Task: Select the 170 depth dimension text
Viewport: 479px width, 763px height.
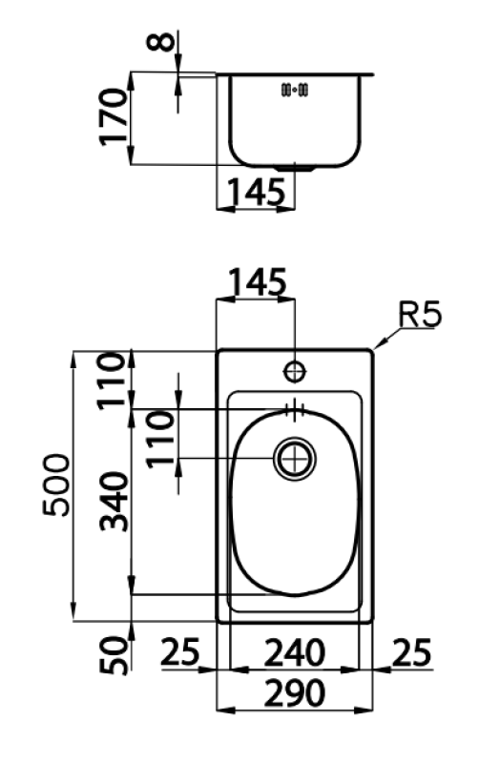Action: click(115, 116)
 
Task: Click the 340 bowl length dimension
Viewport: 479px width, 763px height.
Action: click(115, 502)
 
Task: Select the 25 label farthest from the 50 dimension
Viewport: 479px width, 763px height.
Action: click(411, 653)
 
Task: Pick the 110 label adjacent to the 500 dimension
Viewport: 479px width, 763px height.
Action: click(115, 380)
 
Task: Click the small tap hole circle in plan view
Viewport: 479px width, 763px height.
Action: click(295, 370)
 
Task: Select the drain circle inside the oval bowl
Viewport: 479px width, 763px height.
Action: click(295, 459)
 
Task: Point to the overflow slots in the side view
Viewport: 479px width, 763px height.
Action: click(294, 91)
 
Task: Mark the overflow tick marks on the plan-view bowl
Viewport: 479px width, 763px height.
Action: click(294, 409)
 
